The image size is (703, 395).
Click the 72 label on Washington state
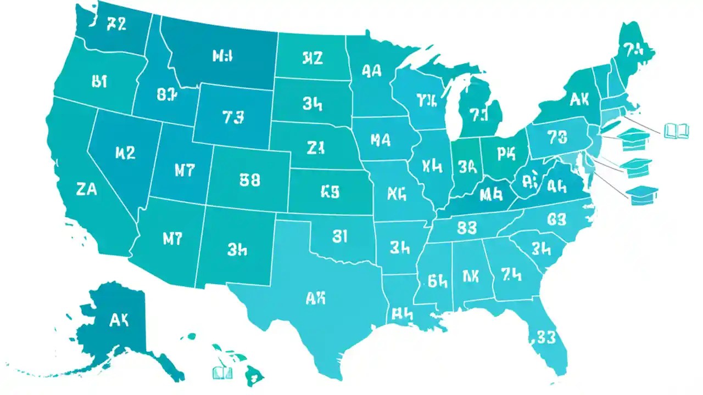coord(116,24)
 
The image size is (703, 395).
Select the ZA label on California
coord(87,190)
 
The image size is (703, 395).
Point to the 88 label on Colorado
coord(250,179)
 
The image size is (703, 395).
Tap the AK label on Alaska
coord(119,321)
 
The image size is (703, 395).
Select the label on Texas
coord(315,298)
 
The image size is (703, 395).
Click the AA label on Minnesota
coord(372,70)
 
